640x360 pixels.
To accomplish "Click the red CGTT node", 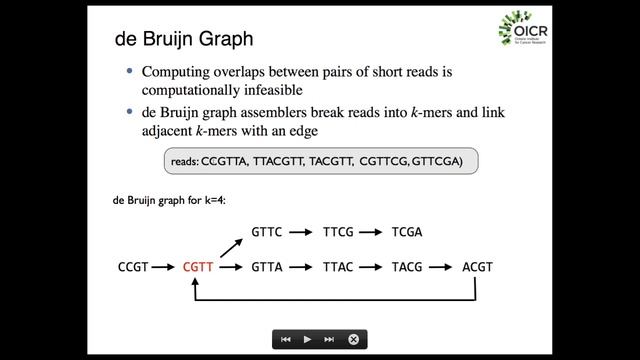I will click(x=198, y=267).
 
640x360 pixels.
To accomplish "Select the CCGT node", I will click(x=133, y=267).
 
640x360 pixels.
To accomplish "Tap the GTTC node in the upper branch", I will click(x=266, y=232).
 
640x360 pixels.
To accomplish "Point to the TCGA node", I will click(x=407, y=232).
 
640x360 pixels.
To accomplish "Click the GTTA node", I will click(x=266, y=267).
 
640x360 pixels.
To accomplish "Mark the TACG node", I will click(x=407, y=267).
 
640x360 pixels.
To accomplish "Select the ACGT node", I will click(x=477, y=267).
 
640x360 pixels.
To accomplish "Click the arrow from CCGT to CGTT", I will click(x=165, y=267).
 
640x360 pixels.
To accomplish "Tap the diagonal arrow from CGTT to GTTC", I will click(x=230, y=246).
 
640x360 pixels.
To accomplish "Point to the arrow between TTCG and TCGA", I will click(x=372, y=232).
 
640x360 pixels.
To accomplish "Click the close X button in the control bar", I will click(x=353, y=339).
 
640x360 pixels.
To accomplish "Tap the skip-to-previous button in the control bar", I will click(x=286, y=339).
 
